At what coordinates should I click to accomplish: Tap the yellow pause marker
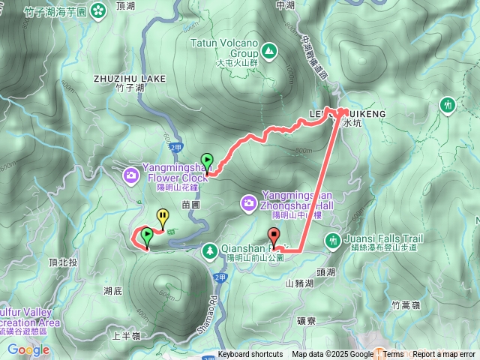point(163,217)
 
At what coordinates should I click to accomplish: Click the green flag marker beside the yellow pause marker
point(147,237)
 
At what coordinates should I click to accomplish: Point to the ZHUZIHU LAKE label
point(129,77)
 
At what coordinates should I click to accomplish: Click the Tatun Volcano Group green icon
point(268,51)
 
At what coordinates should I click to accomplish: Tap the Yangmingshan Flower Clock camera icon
point(131,175)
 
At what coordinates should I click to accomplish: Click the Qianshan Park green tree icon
point(211,249)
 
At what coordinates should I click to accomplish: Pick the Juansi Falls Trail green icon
point(332,240)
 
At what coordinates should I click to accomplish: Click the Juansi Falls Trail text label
point(383,238)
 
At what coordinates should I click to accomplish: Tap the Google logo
point(28,349)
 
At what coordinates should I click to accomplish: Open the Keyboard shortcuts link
point(250,355)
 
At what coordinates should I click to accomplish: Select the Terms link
point(393,355)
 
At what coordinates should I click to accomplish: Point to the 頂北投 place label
point(62,263)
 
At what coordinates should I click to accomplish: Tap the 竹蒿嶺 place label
point(406,304)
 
